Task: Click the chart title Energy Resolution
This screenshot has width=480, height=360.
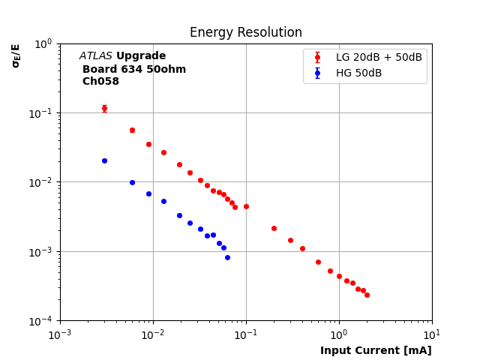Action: point(246,33)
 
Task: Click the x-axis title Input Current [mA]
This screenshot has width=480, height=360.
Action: point(376,350)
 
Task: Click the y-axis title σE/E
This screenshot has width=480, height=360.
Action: point(16,55)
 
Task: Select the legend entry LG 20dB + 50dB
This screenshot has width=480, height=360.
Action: point(379,58)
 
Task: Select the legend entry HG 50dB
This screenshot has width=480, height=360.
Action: point(358,73)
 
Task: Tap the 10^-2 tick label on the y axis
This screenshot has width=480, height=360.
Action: point(43,182)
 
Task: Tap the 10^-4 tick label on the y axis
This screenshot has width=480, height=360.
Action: point(43,321)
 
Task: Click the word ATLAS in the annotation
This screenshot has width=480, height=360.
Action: point(96,56)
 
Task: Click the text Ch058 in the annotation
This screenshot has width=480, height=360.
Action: point(100,82)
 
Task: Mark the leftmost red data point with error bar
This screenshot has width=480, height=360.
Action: point(104,108)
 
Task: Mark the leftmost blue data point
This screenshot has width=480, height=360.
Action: point(104,160)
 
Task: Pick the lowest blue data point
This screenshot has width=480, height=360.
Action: point(227,257)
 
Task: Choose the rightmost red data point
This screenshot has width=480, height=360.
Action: point(367,295)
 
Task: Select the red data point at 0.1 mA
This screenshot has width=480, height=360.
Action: point(246,206)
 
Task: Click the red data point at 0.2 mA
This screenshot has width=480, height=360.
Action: point(274,228)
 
